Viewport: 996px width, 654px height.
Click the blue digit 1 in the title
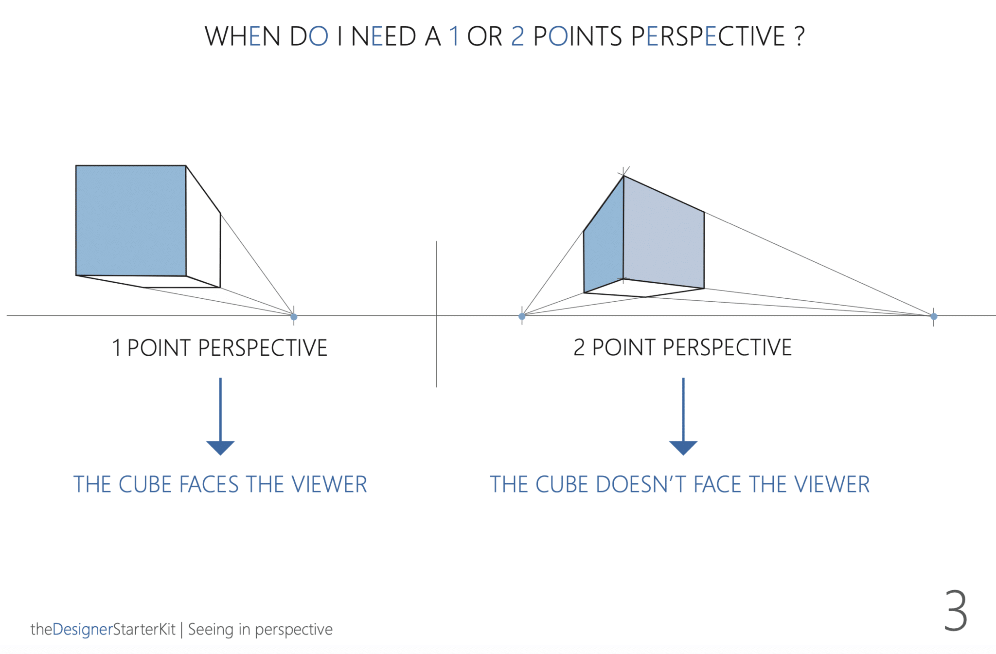(454, 36)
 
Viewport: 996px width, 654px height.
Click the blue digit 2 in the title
(517, 36)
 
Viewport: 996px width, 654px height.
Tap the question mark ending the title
(800, 36)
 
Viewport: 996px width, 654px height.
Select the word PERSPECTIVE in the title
(708, 36)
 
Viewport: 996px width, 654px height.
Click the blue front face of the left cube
(131, 220)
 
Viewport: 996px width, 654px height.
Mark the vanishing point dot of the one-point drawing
(294, 317)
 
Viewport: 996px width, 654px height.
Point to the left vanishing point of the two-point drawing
(522, 316)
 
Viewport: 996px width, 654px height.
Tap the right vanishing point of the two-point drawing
(934, 316)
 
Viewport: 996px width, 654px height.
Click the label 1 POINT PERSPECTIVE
(220, 348)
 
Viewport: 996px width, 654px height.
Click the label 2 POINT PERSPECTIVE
(683, 347)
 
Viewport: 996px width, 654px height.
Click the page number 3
(956, 611)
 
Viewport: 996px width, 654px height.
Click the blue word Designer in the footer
(82, 629)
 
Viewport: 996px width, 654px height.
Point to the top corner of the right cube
(623, 176)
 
